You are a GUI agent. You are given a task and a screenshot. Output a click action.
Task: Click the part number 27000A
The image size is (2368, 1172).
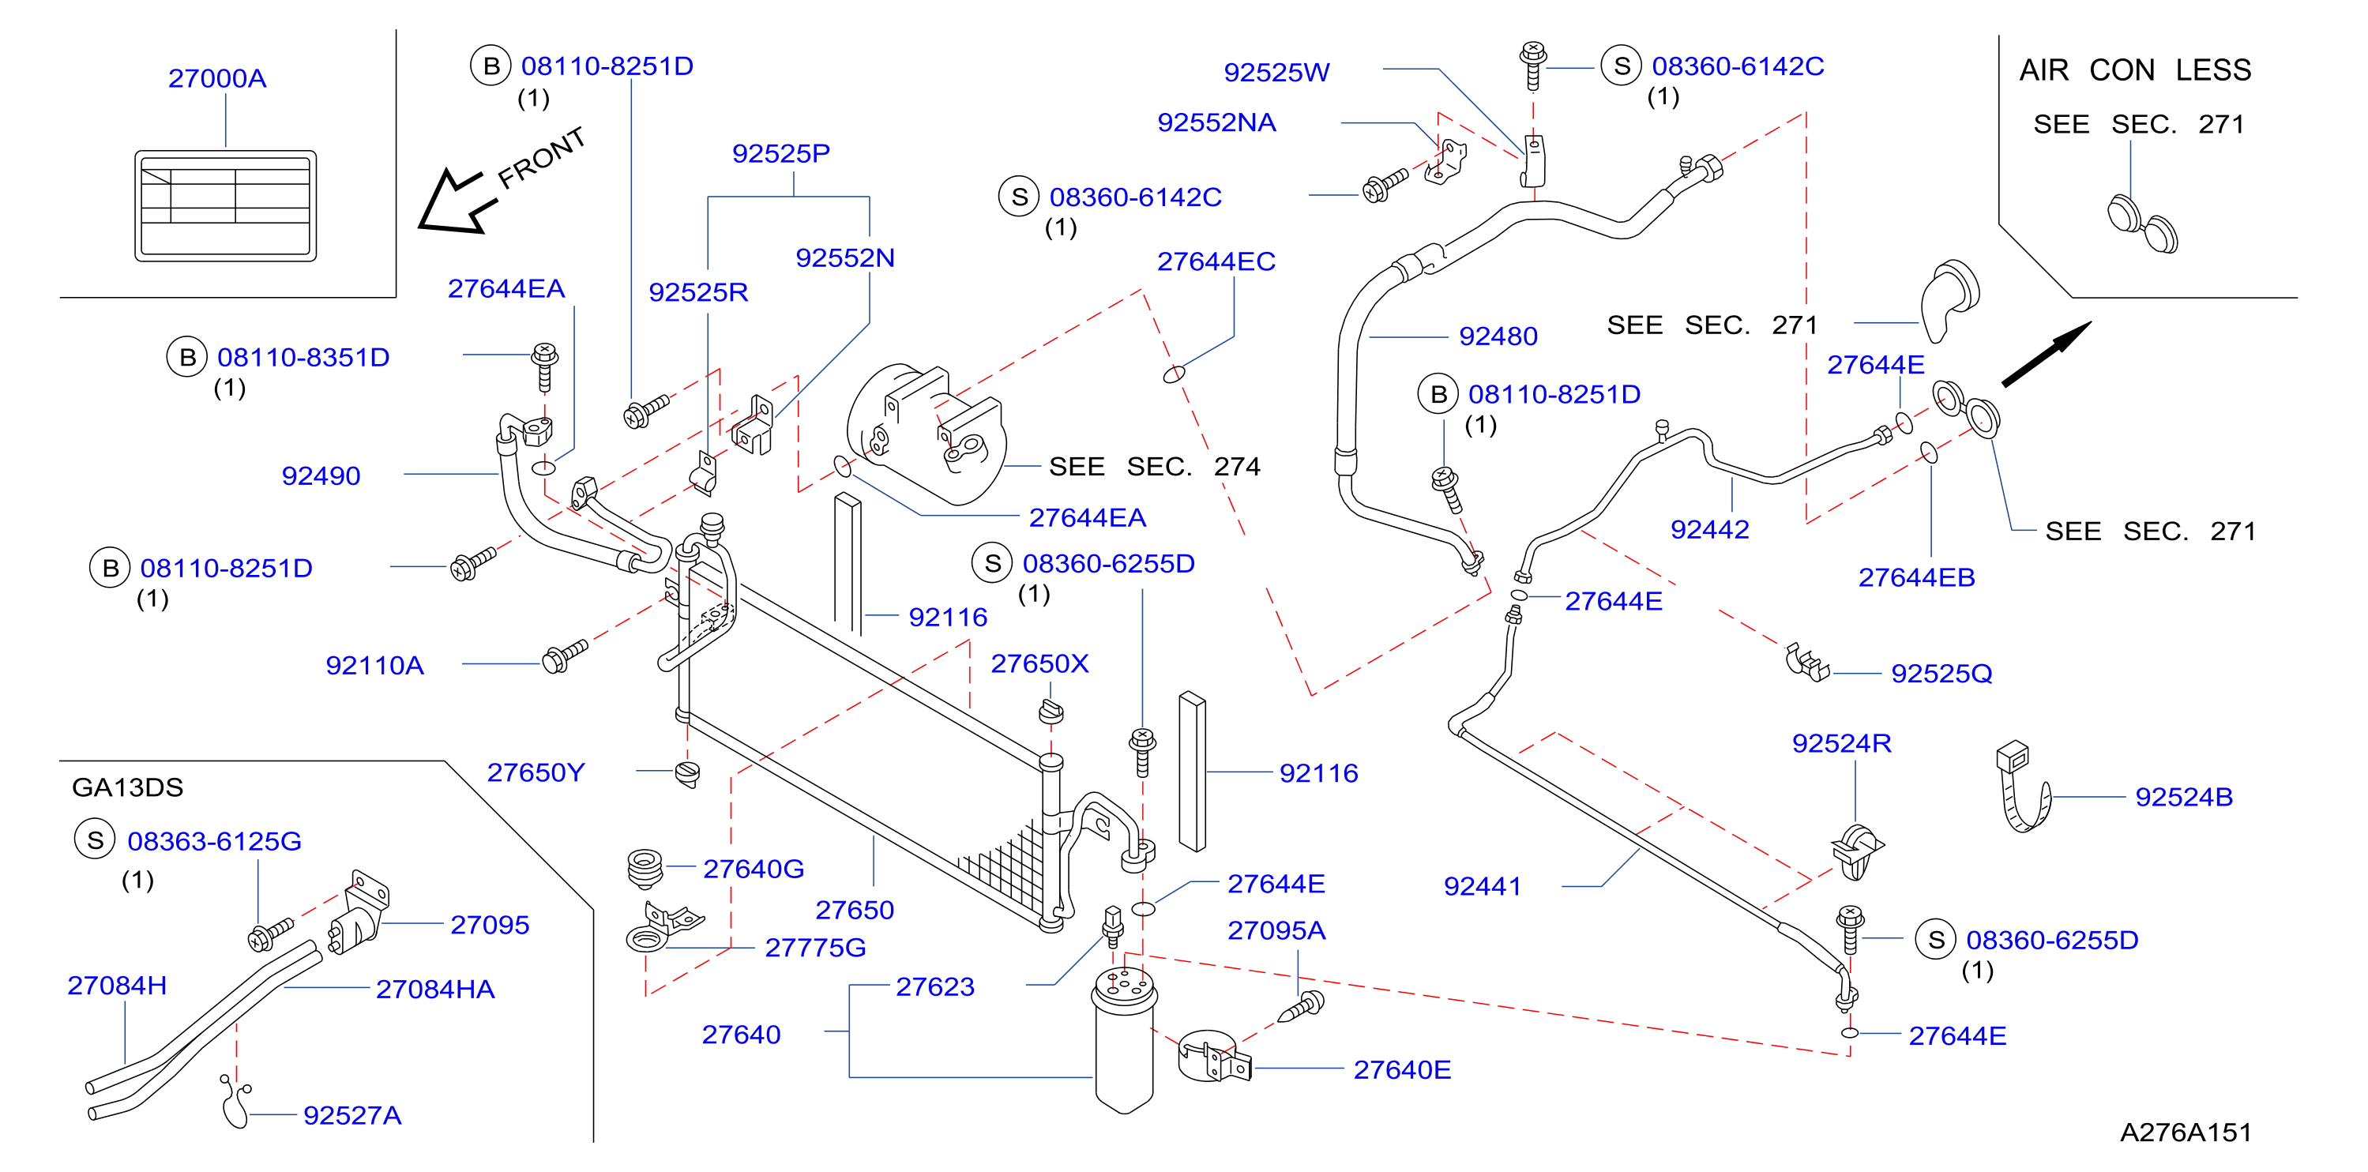(x=217, y=78)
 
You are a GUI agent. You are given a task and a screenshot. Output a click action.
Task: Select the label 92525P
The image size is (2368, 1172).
(x=780, y=153)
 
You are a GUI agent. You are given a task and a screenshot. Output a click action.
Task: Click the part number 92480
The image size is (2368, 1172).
(x=1498, y=336)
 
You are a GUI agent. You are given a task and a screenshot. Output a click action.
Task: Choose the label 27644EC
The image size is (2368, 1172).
(x=1216, y=262)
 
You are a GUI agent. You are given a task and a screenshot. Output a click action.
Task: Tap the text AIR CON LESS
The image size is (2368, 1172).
(x=2134, y=69)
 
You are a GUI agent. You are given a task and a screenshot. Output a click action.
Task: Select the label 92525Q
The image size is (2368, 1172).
(x=1941, y=674)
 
